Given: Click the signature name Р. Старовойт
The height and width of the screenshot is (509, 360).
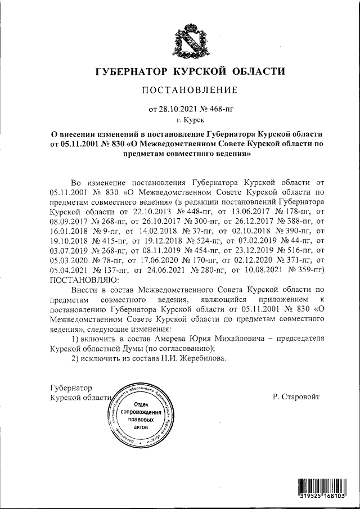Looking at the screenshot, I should pos(296,396).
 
